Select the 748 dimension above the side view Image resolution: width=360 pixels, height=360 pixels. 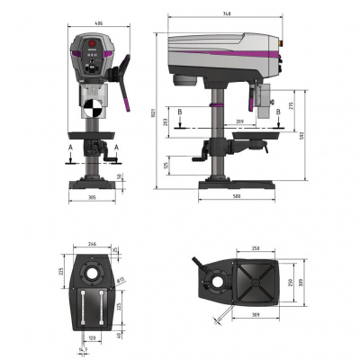tap(229, 13)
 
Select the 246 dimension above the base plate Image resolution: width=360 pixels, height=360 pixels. tap(92, 243)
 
